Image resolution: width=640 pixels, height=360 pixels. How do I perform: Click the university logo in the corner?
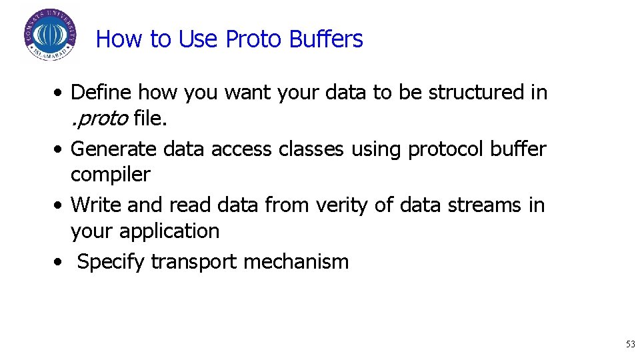tap(50, 35)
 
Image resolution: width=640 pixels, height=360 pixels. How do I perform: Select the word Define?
tap(102, 92)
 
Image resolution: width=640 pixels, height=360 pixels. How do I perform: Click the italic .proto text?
tap(99, 118)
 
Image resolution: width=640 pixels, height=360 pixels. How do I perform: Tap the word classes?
tap(310, 149)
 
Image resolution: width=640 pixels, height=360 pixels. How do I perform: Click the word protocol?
tap(446, 149)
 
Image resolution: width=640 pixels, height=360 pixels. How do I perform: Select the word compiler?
tap(111, 174)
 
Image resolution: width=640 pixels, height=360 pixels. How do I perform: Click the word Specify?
tap(111, 262)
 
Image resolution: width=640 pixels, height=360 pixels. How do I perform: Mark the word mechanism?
tap(296, 261)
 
